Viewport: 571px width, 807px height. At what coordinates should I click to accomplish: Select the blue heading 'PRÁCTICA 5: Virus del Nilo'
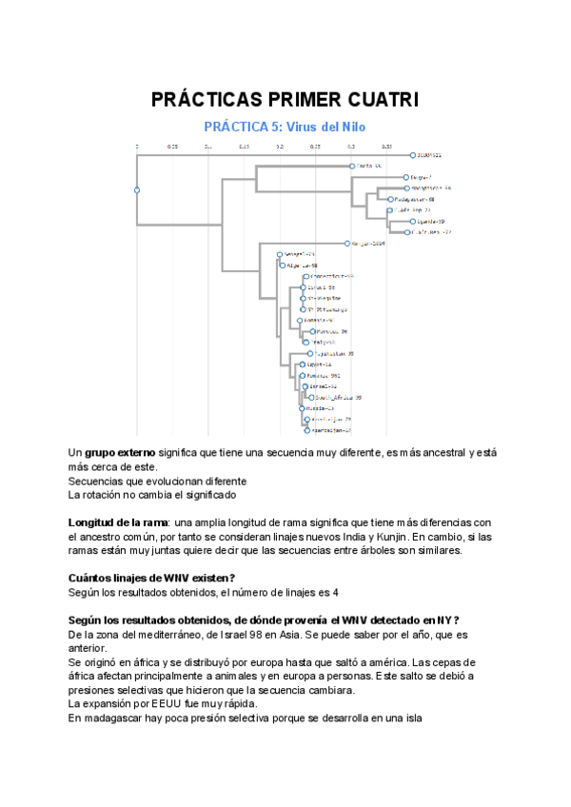tap(285, 126)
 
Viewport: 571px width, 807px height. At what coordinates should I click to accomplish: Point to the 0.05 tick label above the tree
tap(172, 147)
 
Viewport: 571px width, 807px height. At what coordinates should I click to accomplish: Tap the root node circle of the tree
tap(137, 190)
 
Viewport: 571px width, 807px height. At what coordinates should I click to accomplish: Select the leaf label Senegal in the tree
tap(297, 254)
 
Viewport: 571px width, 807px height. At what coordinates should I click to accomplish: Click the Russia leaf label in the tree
tap(317, 407)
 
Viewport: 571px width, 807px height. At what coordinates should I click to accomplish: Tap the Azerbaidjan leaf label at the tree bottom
tap(328, 429)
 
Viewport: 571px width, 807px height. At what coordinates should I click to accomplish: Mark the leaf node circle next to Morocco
tap(312, 331)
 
